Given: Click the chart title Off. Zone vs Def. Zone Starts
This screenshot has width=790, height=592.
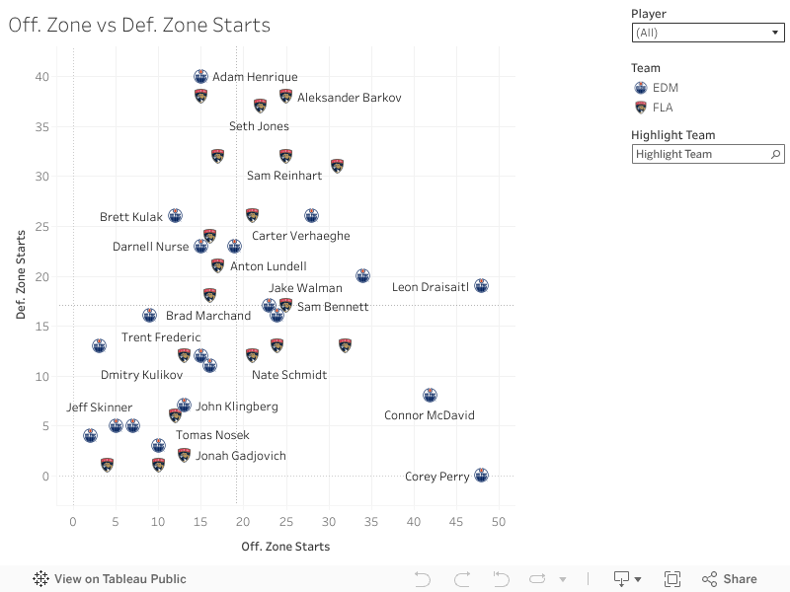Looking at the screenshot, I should coord(139,26).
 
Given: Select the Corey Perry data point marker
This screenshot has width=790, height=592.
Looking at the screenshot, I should coord(481,475).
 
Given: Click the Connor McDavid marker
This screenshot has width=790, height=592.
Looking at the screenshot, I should coord(430,395).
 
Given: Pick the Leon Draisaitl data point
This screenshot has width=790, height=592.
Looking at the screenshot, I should coord(481,285).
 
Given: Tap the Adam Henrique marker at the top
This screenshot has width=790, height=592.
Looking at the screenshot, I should coord(201,76).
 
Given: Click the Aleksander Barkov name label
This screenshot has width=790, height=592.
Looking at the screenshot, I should coord(349,98).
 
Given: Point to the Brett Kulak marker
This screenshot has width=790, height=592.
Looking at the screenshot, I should coord(175,215).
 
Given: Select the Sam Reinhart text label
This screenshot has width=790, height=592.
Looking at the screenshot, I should coord(284,176).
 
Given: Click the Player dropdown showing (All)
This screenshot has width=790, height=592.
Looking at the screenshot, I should coord(707,33).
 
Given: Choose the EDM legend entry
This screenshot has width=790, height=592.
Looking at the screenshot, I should coord(665,88).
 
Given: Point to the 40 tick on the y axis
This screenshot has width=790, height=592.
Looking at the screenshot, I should coord(41,76).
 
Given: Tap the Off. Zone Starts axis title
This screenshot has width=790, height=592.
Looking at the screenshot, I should coord(285,546).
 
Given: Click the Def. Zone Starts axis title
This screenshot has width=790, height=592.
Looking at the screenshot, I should coord(21,275).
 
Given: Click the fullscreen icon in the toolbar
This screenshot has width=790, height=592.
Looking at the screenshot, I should coord(672,579).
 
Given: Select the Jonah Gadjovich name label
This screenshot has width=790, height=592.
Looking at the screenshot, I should coord(241,456).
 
